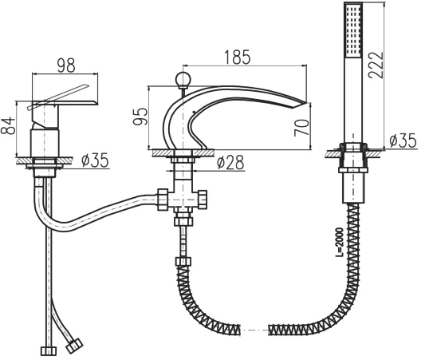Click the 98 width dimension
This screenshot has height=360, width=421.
tap(66, 65)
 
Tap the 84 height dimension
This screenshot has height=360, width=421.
tap(7, 125)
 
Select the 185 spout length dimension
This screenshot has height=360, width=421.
tap(238, 57)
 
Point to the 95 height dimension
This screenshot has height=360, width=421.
tap(140, 117)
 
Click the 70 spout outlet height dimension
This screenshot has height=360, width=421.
tap(301, 128)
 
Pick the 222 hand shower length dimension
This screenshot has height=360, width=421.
tap(376, 65)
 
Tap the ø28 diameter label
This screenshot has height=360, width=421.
tap(230, 163)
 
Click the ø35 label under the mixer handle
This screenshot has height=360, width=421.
tap(95, 160)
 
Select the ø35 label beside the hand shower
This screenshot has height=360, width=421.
tap(403, 140)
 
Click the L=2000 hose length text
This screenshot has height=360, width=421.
tap(340, 242)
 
